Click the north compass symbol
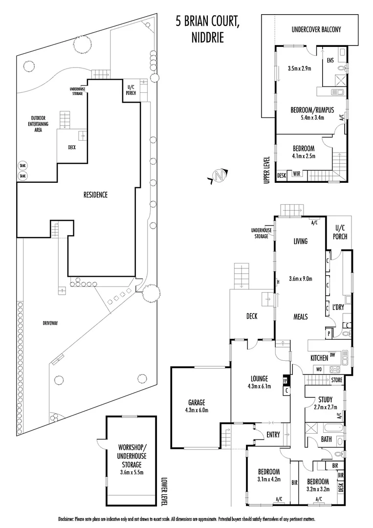click(219, 176)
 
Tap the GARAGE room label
click(197, 402)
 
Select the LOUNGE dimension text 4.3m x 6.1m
click(259, 386)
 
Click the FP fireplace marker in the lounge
click(285, 380)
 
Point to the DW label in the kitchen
click(332, 354)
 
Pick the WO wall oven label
click(319, 370)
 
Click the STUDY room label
click(325, 400)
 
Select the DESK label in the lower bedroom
click(341, 487)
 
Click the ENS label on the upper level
click(330, 60)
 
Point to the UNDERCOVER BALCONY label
click(316, 30)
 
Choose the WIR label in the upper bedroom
click(297, 174)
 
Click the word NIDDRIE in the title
click(208, 38)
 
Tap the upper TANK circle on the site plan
click(22, 166)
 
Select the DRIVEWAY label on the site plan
click(50, 323)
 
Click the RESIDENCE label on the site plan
click(96, 195)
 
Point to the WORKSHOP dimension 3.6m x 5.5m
click(132, 472)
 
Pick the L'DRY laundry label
click(338, 307)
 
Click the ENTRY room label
click(273, 435)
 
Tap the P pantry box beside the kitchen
click(329, 334)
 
